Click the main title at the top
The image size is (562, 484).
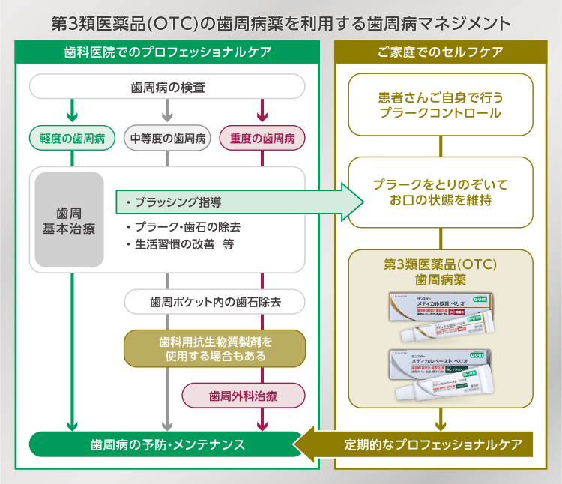click(281, 22)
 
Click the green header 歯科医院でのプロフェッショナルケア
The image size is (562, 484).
click(167, 52)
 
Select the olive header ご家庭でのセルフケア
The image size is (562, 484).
click(440, 52)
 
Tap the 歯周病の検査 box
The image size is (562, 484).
click(167, 87)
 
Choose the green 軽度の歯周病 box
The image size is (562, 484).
click(72, 138)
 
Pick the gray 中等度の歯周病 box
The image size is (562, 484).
click(168, 138)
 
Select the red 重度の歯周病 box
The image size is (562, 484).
click(262, 138)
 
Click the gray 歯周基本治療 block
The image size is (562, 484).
click(69, 220)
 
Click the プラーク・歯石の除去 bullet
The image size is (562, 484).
click(183, 226)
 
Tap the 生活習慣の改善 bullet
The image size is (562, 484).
click(180, 245)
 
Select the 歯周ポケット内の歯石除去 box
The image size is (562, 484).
click(215, 302)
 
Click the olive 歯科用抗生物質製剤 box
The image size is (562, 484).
click(215, 348)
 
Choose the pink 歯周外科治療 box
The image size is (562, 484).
click(243, 396)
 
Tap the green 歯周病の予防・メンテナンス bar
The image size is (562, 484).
click(166, 444)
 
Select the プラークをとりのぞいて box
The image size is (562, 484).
click(440, 191)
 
